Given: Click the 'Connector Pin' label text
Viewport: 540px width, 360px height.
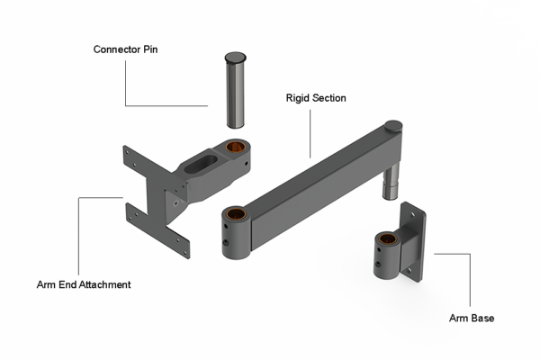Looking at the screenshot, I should click(x=125, y=49).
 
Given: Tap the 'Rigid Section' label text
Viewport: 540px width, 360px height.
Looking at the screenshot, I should click(x=316, y=97).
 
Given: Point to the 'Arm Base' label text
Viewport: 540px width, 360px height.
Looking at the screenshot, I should click(x=471, y=318).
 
